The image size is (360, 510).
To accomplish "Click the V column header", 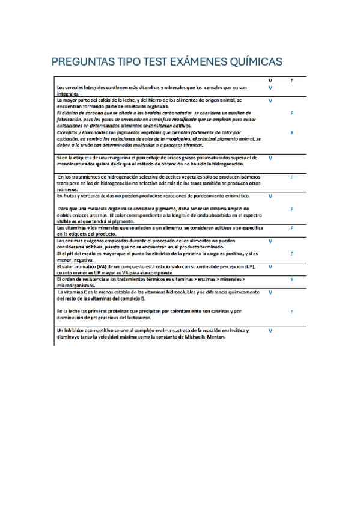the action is pos(270,80).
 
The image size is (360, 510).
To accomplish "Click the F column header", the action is pos(291,80).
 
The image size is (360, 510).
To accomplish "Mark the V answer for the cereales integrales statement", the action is pos(270,88).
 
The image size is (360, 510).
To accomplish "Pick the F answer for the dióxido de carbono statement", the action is pos(291,112).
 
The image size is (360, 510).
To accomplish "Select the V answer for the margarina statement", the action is pos(270,158).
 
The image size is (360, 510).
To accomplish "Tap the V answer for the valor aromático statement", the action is pos(270,266).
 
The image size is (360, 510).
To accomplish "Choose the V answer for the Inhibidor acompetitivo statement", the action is pos(270,331).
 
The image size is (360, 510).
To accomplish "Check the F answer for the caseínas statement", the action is pos(291,312).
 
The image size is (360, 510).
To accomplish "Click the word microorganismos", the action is pos(75,286).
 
